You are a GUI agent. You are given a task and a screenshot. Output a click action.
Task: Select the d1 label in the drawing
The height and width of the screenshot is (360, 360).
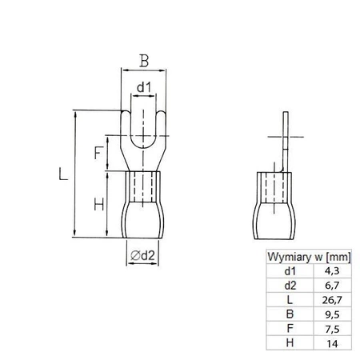(x=141, y=86)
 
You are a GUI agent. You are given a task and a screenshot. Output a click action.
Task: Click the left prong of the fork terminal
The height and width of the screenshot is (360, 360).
(x=126, y=128)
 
